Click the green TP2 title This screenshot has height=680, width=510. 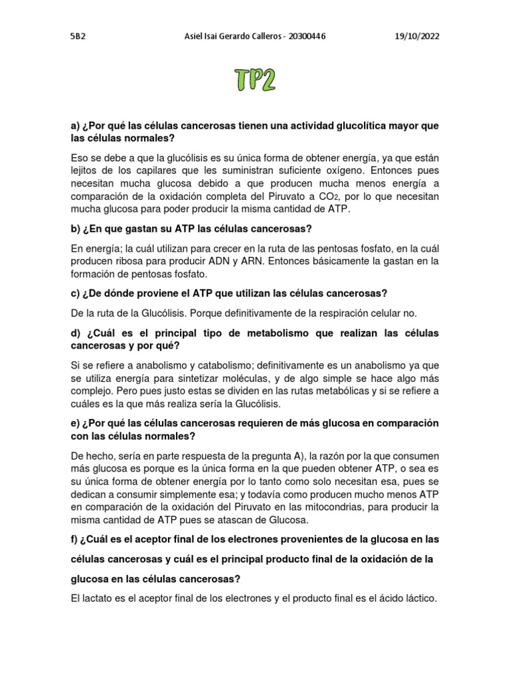255,80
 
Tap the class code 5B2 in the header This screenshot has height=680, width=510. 78,36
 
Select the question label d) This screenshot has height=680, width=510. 76,333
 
